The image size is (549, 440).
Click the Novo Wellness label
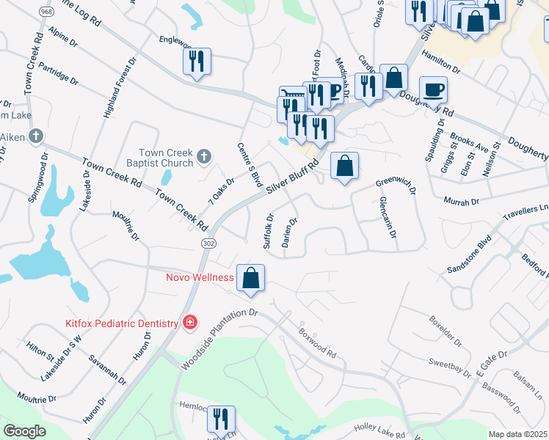coord(200,277)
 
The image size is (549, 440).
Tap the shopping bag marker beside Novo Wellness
coord(250,279)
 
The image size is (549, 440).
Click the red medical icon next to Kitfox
coord(190,323)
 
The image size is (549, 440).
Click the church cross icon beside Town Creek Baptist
coord(204,155)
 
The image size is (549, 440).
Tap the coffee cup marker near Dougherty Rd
coord(433,89)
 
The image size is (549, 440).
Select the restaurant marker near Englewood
coord(197,62)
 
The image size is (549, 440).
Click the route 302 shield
coord(208,242)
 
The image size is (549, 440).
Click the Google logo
coord(24,431)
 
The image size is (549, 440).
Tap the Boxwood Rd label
coord(317,342)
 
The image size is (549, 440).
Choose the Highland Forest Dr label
coord(120,89)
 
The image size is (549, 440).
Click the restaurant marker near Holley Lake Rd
coord(221,419)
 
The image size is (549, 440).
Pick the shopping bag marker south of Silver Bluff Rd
coord(344,166)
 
